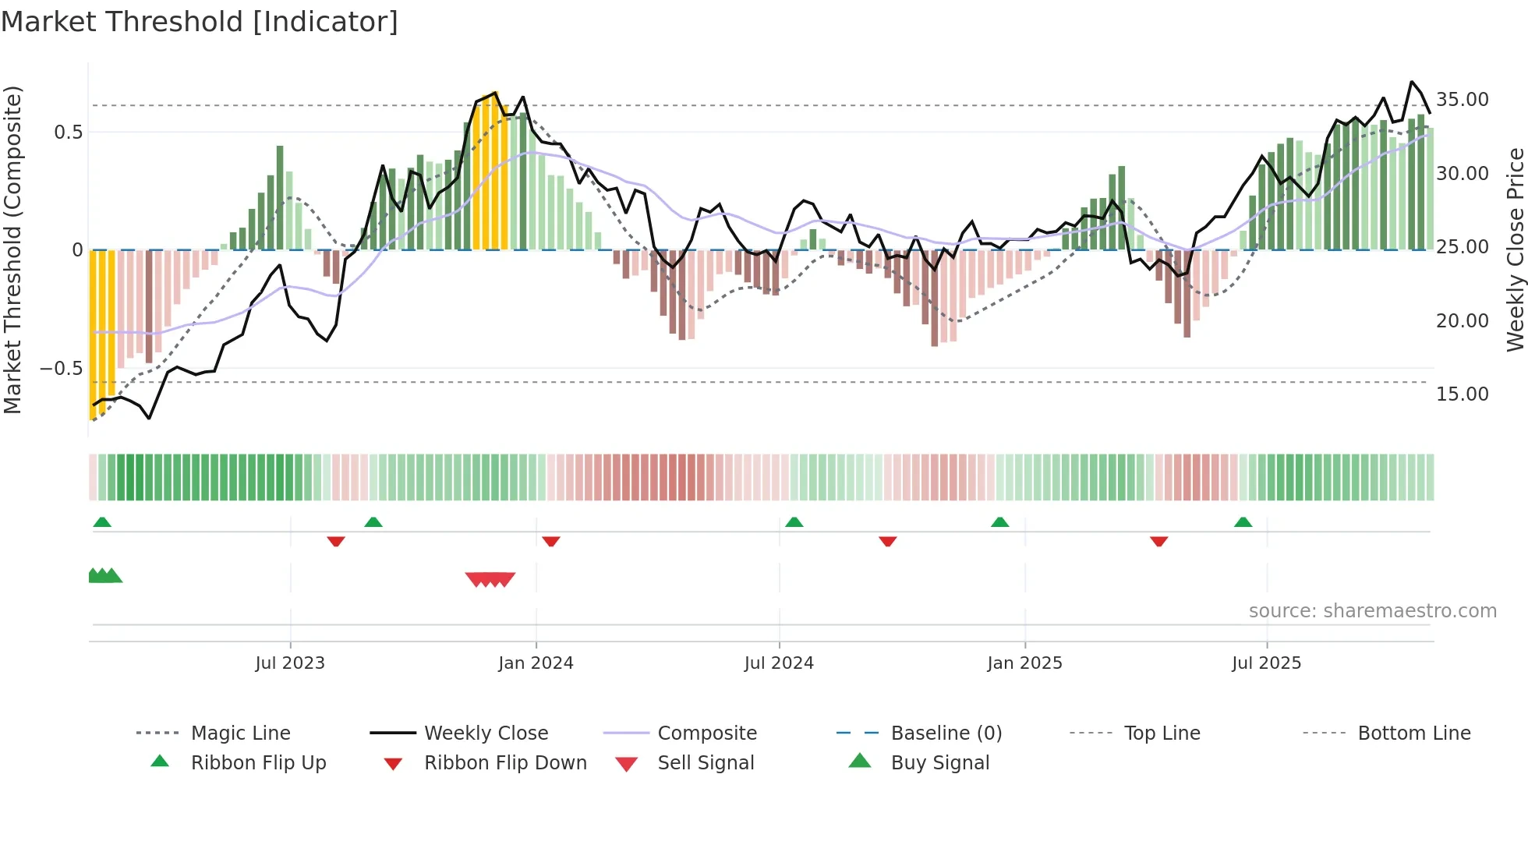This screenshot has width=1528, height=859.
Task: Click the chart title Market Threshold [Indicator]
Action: (x=200, y=22)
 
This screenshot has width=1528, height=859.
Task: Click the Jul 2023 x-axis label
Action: (x=290, y=663)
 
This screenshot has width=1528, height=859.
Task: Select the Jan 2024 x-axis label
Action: (x=536, y=663)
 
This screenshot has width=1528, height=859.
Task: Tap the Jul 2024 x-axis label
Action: (x=779, y=663)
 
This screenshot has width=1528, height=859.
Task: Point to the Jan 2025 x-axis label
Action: (x=1024, y=663)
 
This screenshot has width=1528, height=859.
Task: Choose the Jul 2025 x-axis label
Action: (x=1266, y=663)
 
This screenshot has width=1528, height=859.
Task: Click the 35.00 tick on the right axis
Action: (x=1462, y=100)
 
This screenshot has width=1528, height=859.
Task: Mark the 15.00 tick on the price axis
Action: (x=1462, y=394)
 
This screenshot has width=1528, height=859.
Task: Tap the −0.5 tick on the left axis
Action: (x=61, y=369)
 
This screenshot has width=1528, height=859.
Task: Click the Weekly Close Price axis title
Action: (x=1515, y=249)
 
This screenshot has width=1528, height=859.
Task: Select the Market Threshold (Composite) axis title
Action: (x=12, y=249)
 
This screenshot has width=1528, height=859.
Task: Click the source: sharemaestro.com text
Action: (x=1372, y=611)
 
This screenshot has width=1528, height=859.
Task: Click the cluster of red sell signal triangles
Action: (x=490, y=579)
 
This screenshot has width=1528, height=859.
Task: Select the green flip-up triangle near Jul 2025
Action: (x=1243, y=522)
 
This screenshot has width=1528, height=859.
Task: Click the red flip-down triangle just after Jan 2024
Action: (x=551, y=541)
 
